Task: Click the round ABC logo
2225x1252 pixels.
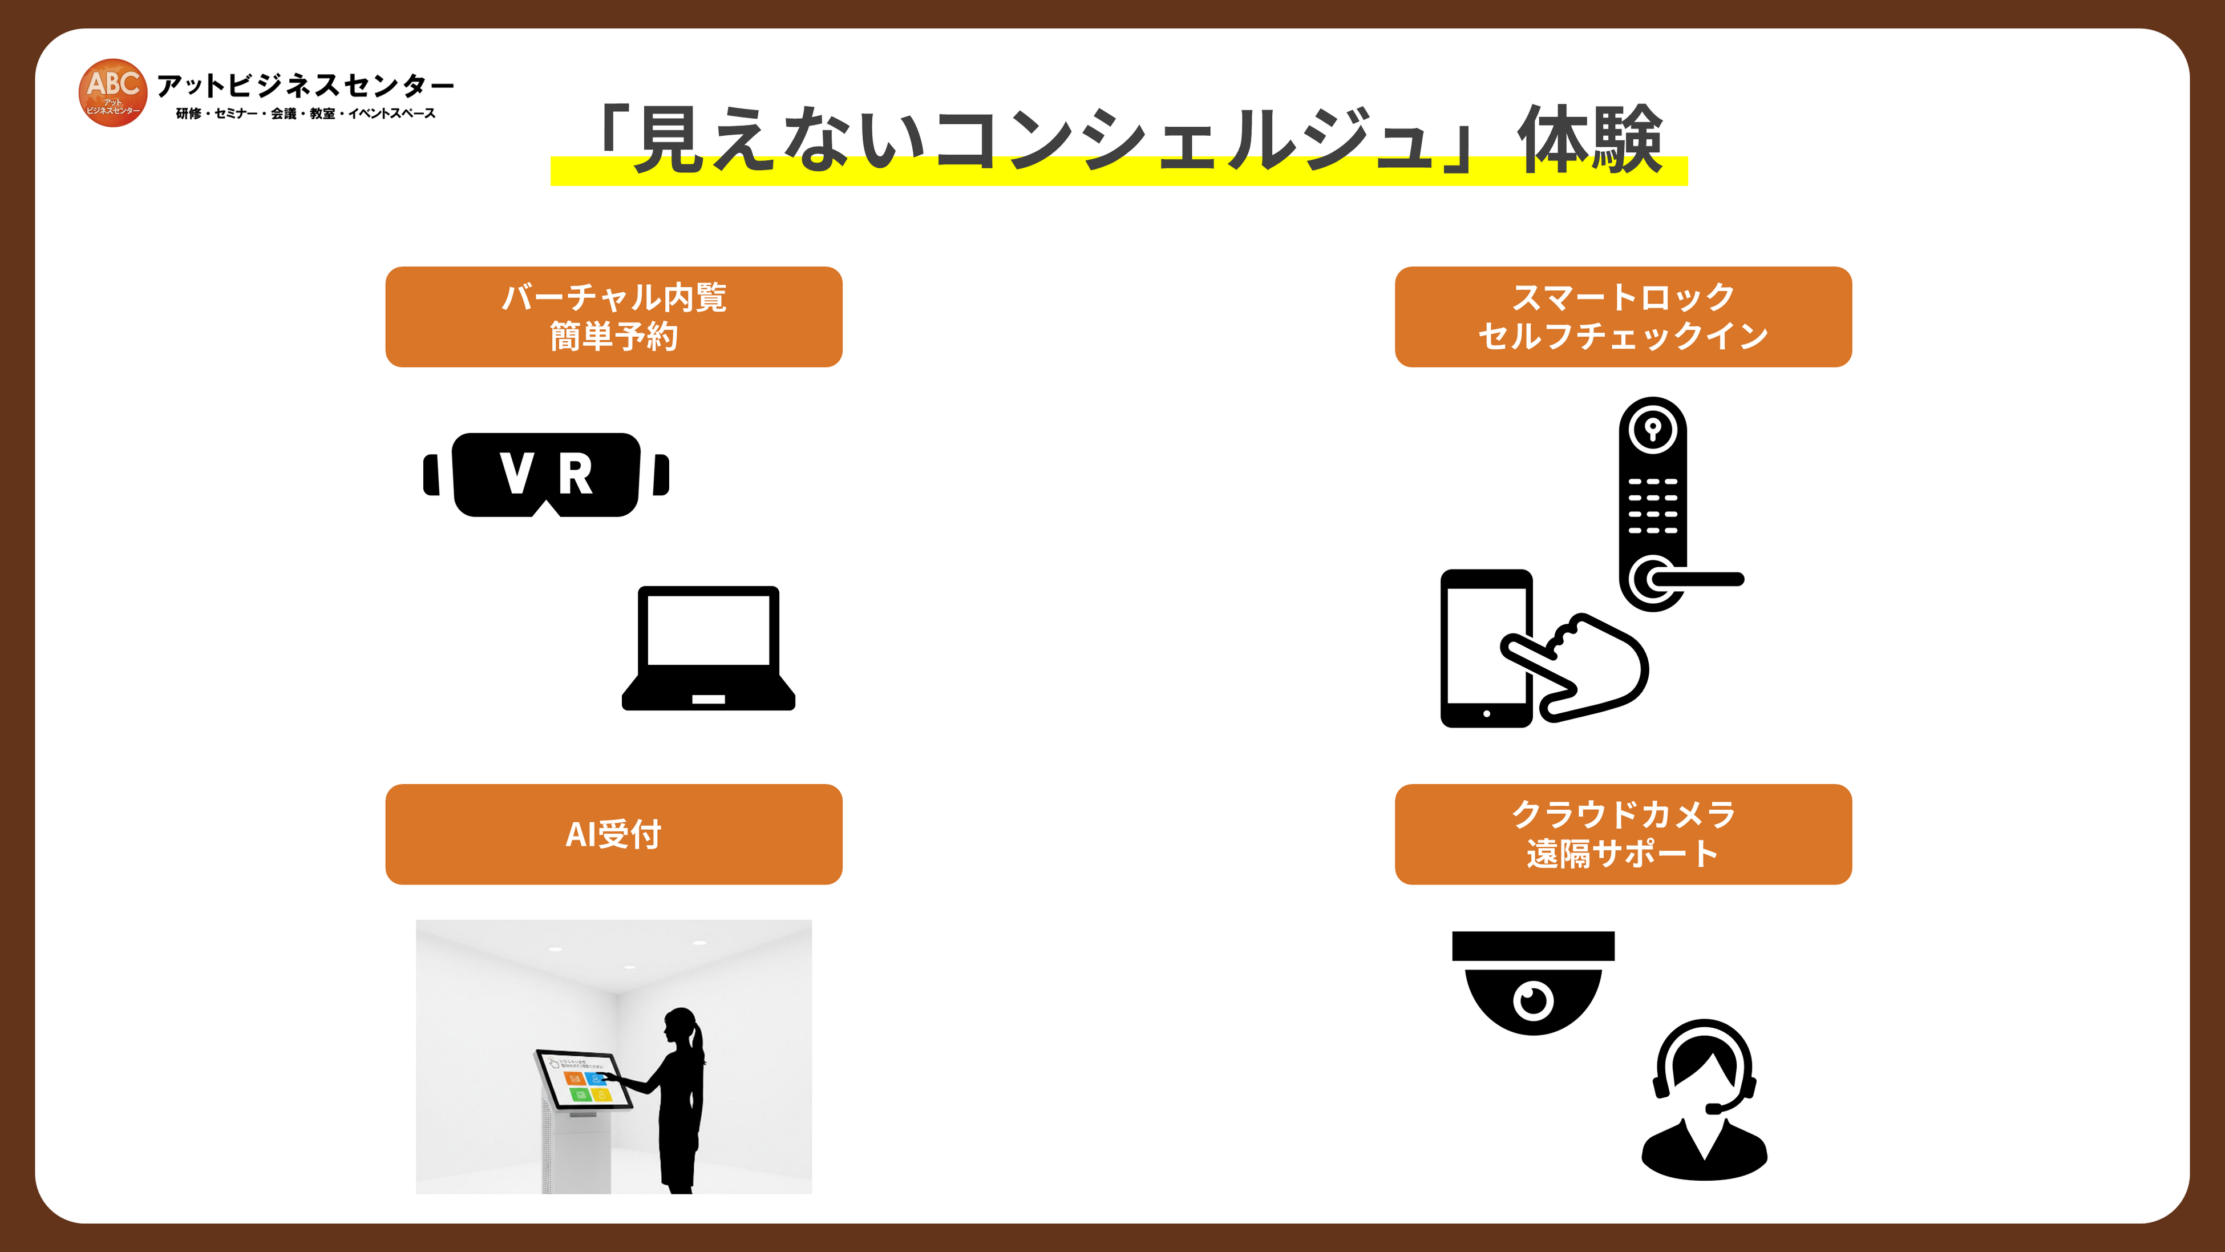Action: click(112, 92)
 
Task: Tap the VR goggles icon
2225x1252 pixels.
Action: click(546, 474)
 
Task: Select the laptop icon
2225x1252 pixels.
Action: click(708, 648)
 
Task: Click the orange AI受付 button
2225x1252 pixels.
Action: click(613, 834)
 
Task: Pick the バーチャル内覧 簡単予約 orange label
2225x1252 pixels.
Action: click(613, 316)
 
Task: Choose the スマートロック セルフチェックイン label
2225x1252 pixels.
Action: click(1623, 316)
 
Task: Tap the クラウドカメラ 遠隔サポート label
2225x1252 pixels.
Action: click(1623, 834)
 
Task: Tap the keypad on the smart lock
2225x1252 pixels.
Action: click(1652, 506)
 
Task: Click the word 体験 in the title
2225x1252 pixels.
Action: click(1589, 140)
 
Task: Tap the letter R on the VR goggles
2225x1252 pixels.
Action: click(575, 474)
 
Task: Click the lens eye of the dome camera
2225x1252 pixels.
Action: click(1533, 1000)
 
